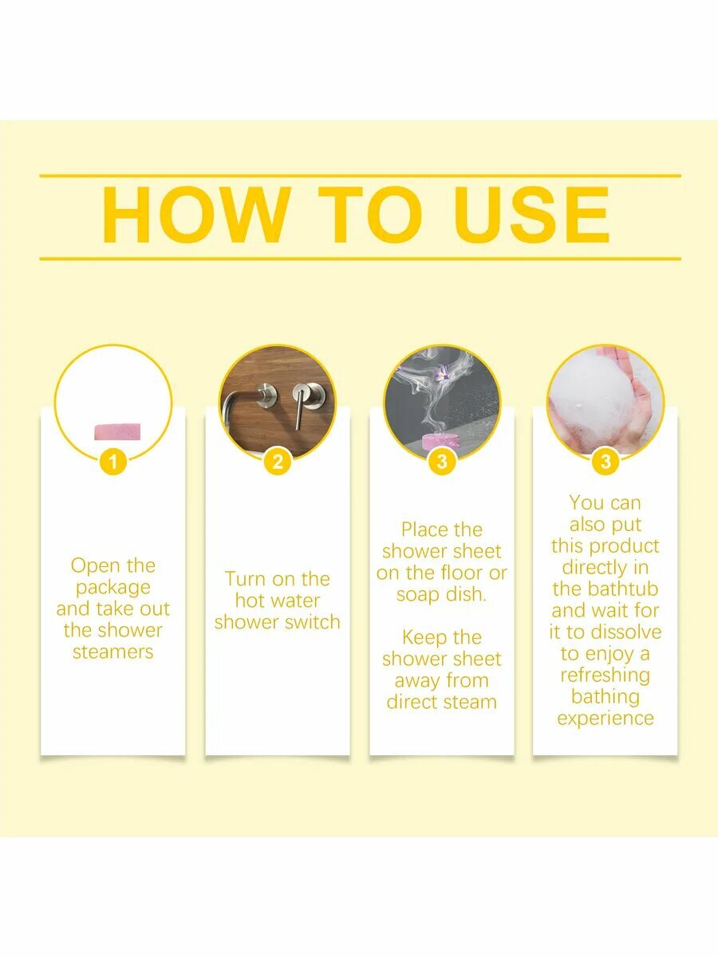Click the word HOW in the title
(x=196, y=215)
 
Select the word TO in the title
(x=369, y=215)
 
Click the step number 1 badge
(x=113, y=461)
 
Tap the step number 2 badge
(x=278, y=461)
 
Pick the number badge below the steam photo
(x=442, y=461)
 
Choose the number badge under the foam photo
(x=606, y=461)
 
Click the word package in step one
(x=113, y=588)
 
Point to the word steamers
(x=113, y=652)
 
